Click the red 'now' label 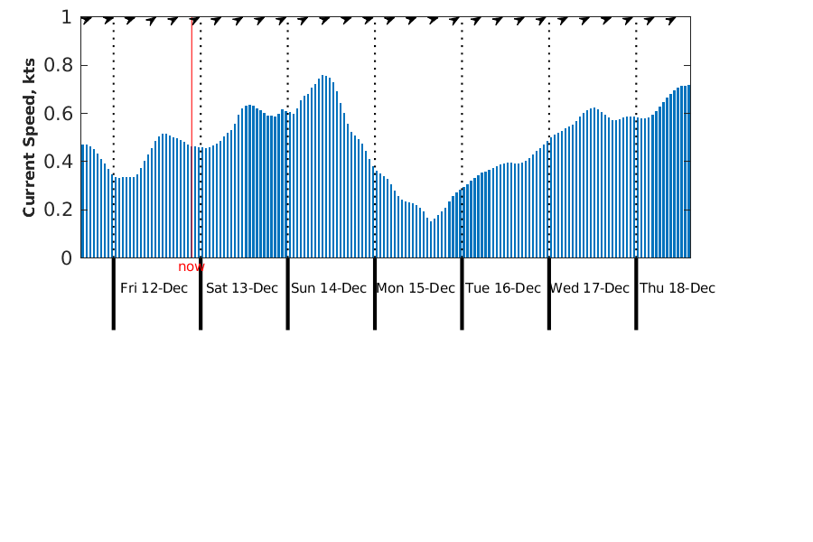click(x=192, y=266)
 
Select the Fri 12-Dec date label click(x=154, y=288)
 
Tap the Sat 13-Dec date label click(x=242, y=288)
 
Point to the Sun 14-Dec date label click(x=329, y=288)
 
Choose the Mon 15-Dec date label click(x=416, y=288)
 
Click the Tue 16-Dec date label click(x=503, y=288)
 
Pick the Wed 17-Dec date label click(x=590, y=288)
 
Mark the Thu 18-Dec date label click(x=677, y=288)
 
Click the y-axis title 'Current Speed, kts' click(x=30, y=137)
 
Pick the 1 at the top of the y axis click(x=66, y=17)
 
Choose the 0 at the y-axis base click(x=66, y=258)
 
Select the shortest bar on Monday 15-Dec click(x=431, y=239)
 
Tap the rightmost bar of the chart click(x=688, y=172)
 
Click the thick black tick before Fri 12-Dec click(x=113, y=294)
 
